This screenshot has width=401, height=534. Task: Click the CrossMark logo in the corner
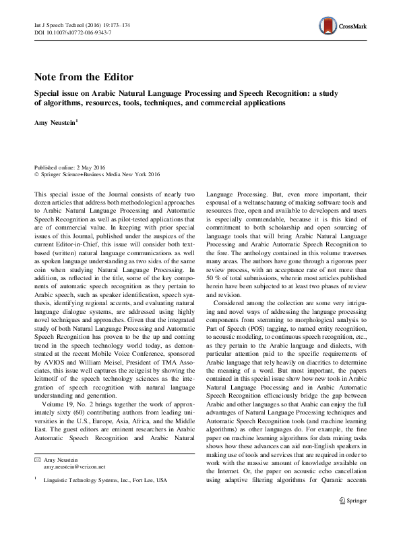click(x=344, y=26)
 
